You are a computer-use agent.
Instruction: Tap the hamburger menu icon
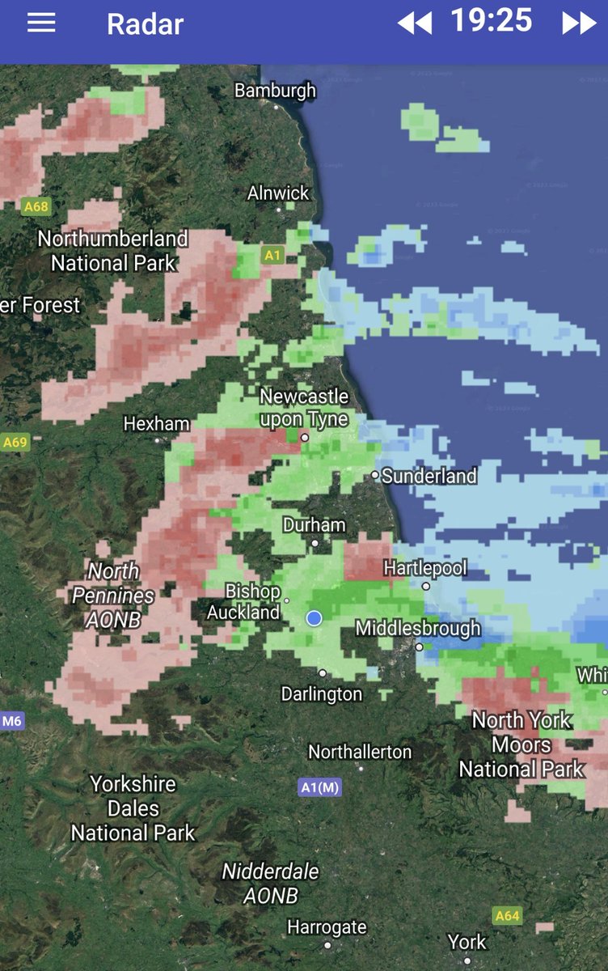pos(41,23)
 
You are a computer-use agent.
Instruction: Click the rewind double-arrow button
pos(415,23)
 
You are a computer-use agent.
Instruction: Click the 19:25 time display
pos(492,21)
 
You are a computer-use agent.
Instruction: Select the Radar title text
pos(145,24)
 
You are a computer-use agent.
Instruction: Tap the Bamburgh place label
pos(275,91)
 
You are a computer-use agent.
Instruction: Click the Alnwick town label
pos(278,193)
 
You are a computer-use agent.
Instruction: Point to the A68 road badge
pos(36,206)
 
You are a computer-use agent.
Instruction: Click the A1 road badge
pos(272,256)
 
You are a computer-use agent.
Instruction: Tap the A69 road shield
pos(15,442)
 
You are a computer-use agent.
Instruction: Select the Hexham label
pos(156,424)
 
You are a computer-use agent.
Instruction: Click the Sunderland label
pos(429,476)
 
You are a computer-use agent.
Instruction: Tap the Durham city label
pos(314,525)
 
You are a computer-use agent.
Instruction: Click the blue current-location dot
pos(315,618)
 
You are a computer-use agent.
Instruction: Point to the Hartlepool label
pos(425,568)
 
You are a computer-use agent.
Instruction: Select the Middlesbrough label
pos(418,628)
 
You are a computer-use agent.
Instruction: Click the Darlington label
pos(322,693)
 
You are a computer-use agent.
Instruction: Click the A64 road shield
pos(507,916)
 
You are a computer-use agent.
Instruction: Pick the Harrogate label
pos(327,927)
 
